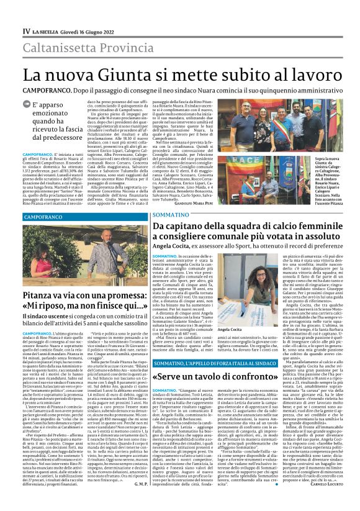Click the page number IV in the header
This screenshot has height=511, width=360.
pos(27,31)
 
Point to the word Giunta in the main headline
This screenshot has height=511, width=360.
pos(126,74)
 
